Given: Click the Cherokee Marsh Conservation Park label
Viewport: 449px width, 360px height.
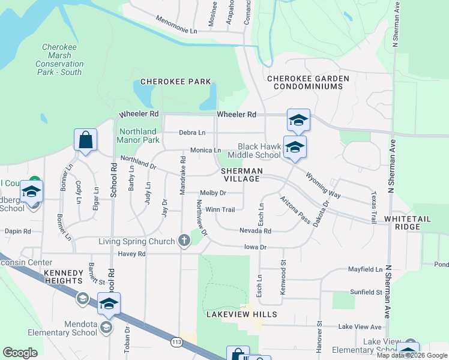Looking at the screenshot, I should [x=59, y=60].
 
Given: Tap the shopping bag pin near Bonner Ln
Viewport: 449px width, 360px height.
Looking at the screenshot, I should [x=85, y=140].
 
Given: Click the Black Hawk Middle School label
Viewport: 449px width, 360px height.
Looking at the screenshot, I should [x=259, y=151].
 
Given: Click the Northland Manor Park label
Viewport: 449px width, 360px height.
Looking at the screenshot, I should [x=139, y=136].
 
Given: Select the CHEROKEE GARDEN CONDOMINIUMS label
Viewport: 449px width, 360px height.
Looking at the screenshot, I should [x=305, y=82].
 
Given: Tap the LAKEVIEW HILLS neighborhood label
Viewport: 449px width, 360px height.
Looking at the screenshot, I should [x=241, y=314].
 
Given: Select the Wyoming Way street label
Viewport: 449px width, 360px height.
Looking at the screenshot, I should [x=323, y=187].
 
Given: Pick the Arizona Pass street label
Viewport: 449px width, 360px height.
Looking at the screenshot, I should [x=295, y=210].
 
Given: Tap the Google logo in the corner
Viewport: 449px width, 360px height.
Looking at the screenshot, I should [x=20, y=353].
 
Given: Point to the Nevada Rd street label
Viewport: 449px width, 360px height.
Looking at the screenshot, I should [x=256, y=231].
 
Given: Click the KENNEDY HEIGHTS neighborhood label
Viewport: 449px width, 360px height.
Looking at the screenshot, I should [x=62, y=277].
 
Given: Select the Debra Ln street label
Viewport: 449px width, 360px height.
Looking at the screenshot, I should [x=192, y=133].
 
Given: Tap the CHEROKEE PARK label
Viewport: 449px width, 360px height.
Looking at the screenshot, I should [x=175, y=82].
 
